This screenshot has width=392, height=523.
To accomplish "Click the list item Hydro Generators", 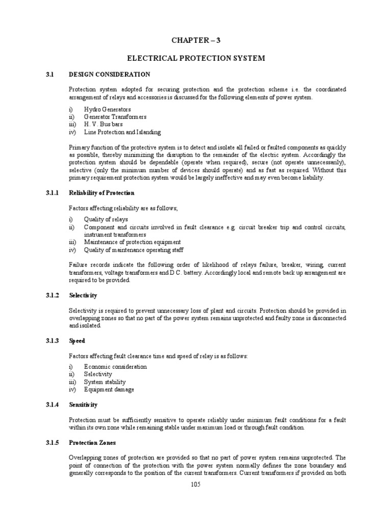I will (107, 109).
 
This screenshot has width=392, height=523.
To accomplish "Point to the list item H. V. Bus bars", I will (104, 125).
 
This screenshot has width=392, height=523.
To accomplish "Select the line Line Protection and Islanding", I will (122, 132).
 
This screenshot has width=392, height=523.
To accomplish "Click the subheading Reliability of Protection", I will (102, 193).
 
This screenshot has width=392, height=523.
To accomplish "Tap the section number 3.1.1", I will (51, 193).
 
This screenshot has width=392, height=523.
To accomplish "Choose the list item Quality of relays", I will (106, 219).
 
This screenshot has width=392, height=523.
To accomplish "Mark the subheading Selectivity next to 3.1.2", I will (83, 296).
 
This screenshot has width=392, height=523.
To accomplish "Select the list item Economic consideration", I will (115, 367).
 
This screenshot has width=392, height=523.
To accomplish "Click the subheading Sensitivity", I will (83, 405).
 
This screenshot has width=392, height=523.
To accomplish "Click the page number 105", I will (195, 485).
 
